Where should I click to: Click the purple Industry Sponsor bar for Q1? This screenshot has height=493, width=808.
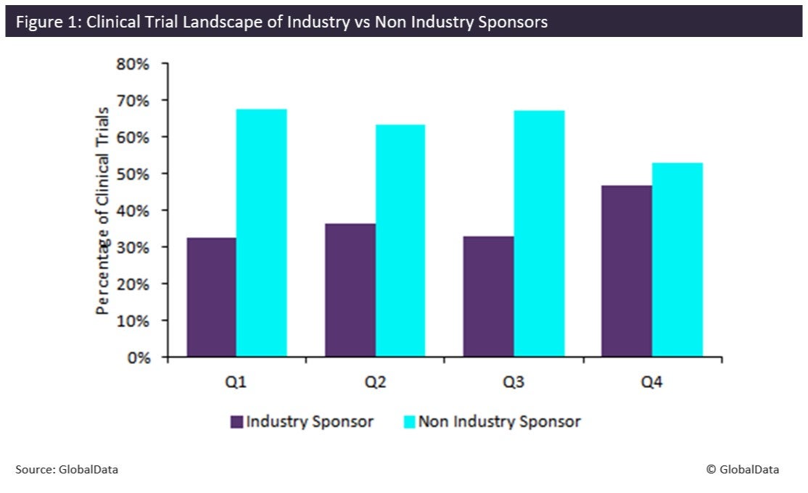pyautogui.click(x=211, y=297)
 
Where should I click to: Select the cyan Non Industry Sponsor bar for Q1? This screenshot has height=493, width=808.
pyautogui.click(x=261, y=233)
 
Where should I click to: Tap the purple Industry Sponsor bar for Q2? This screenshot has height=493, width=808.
pyautogui.click(x=350, y=290)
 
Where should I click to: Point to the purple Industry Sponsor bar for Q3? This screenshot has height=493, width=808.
pyautogui.click(x=489, y=297)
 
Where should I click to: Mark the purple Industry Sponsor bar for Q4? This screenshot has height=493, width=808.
pyautogui.click(x=627, y=271)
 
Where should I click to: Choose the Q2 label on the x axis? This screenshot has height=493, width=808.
pyautogui.click(x=375, y=382)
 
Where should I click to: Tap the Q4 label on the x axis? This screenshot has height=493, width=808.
pyautogui.click(x=652, y=382)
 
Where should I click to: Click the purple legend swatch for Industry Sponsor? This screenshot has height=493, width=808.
pyautogui.click(x=236, y=421)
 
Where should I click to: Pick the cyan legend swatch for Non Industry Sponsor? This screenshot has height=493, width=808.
pyautogui.click(x=409, y=421)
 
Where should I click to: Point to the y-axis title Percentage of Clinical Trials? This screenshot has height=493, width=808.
pyautogui.click(x=103, y=210)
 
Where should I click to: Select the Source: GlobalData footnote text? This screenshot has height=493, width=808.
pyautogui.click(x=67, y=470)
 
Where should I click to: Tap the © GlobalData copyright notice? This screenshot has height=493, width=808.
pyautogui.click(x=743, y=470)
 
